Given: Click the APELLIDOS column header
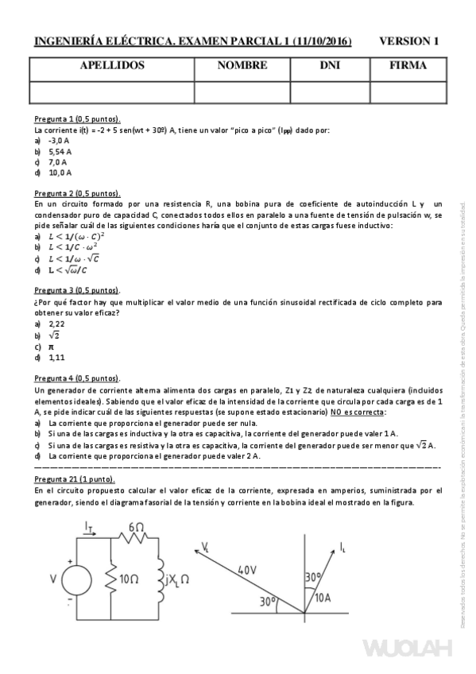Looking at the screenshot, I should point(112,66).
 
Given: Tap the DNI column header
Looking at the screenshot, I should point(330,66).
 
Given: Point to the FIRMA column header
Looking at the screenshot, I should point(408,66).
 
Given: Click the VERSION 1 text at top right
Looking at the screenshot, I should point(409,41).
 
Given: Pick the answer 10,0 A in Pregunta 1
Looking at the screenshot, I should point(60,172).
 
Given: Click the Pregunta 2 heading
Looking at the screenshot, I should point(77,193).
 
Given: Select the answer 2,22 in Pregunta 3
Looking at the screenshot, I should point(56,323).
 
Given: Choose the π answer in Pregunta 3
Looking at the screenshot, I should point(52,347).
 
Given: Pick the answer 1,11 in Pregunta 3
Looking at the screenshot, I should point(56,358).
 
